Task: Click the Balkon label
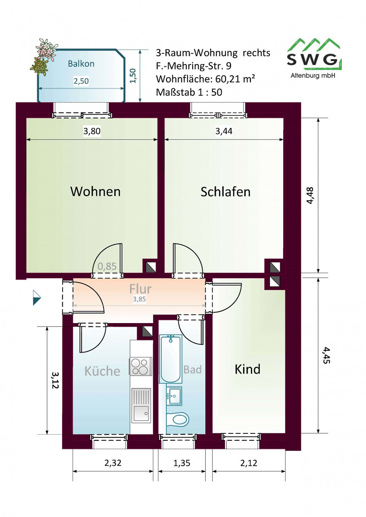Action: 81,64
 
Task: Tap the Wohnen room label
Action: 95,192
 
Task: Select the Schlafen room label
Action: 225,192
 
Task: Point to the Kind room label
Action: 247,369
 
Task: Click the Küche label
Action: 102,371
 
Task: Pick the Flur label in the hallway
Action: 140,289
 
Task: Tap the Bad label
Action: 193,369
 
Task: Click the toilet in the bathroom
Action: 177,418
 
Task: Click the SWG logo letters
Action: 312,60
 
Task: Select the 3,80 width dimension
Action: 92,131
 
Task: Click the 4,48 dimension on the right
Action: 310,195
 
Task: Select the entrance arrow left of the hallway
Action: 37,298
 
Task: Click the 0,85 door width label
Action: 107,266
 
